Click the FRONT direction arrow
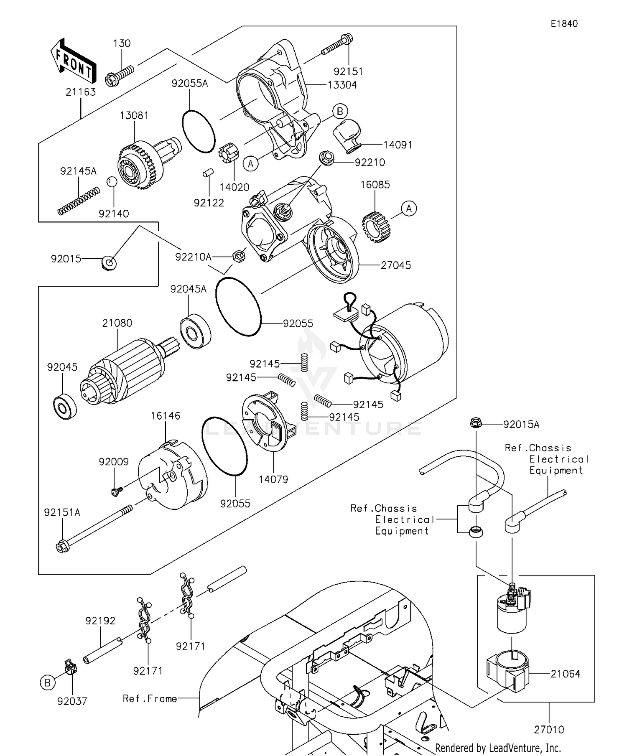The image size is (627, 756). coord(74,61)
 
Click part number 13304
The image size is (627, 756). coord(342,85)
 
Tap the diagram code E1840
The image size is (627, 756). coord(564,24)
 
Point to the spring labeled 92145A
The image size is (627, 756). coord(79,201)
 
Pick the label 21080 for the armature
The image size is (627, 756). coord(117,323)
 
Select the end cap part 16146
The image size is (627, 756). coord(172,476)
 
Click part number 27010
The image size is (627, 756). coord(549,730)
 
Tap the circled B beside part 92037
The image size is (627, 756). coord(47,682)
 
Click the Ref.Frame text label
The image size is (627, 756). coord(150,699)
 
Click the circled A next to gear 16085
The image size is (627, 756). coord(408,209)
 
